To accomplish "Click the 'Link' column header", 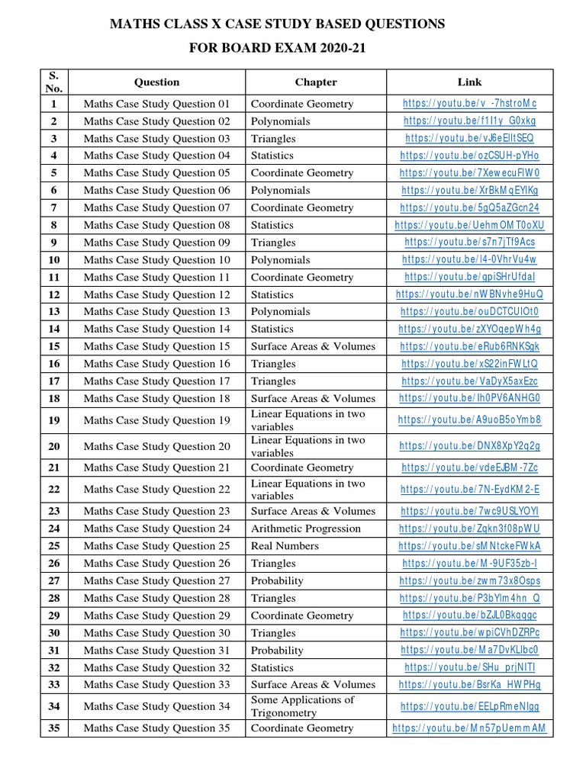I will coord(469,82).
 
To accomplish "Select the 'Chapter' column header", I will coord(315,82).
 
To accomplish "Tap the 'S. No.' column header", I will coord(54,82).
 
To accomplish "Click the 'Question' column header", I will coord(156,82).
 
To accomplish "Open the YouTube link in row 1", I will coord(469,104).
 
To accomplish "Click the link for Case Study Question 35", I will coord(469,728).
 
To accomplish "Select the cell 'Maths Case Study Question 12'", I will coord(156,294).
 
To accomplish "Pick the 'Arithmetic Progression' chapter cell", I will coord(305,529).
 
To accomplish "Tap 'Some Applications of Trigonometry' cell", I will coord(303,706).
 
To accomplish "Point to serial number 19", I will coord(54,420).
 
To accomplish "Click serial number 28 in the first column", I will coord(54,598).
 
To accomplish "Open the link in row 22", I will coord(469,490).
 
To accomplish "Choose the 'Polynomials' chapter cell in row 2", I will coord(280,121).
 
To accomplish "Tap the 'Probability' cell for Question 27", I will coord(277,580).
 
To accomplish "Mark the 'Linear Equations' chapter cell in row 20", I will coord(307,446).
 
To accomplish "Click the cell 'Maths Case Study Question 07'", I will coord(156,207).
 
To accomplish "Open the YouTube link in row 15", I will coord(469,346).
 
